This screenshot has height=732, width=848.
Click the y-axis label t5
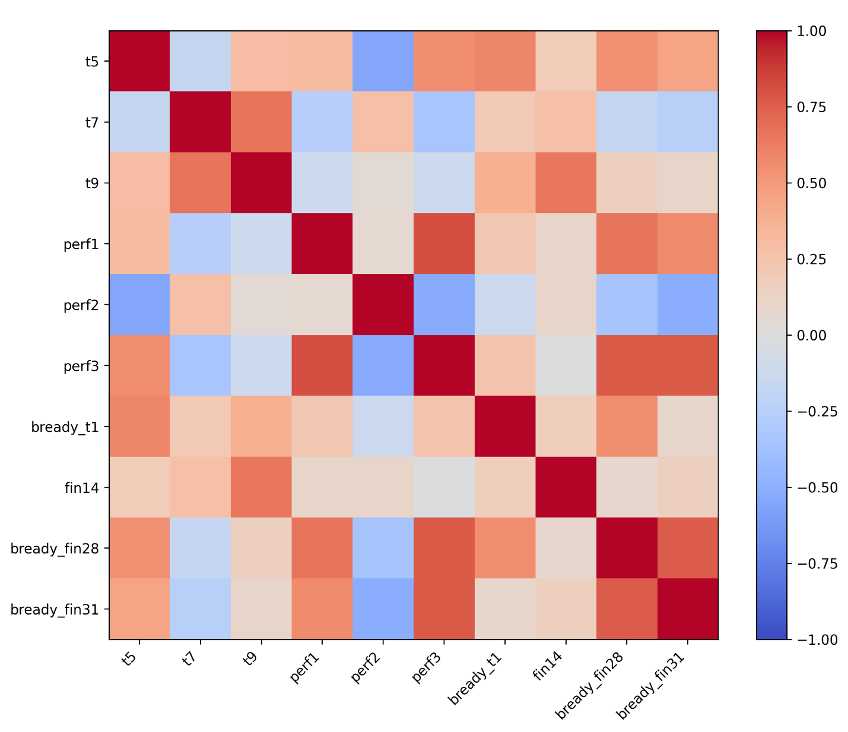point(92,62)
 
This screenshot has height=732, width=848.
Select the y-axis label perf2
point(81,305)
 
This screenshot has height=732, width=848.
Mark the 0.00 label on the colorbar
point(811,335)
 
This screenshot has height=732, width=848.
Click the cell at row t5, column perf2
point(383,61)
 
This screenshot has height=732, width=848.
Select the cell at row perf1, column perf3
point(444,244)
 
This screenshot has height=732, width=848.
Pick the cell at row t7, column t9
point(261,122)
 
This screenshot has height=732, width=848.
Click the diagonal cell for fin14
point(566,487)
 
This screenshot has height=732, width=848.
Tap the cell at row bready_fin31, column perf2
point(383,609)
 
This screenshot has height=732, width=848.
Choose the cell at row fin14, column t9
point(261,487)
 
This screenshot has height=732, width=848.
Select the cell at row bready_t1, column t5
point(140,426)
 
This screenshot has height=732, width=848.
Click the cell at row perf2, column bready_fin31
point(688,305)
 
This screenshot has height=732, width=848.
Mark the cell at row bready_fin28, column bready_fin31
point(688,548)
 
